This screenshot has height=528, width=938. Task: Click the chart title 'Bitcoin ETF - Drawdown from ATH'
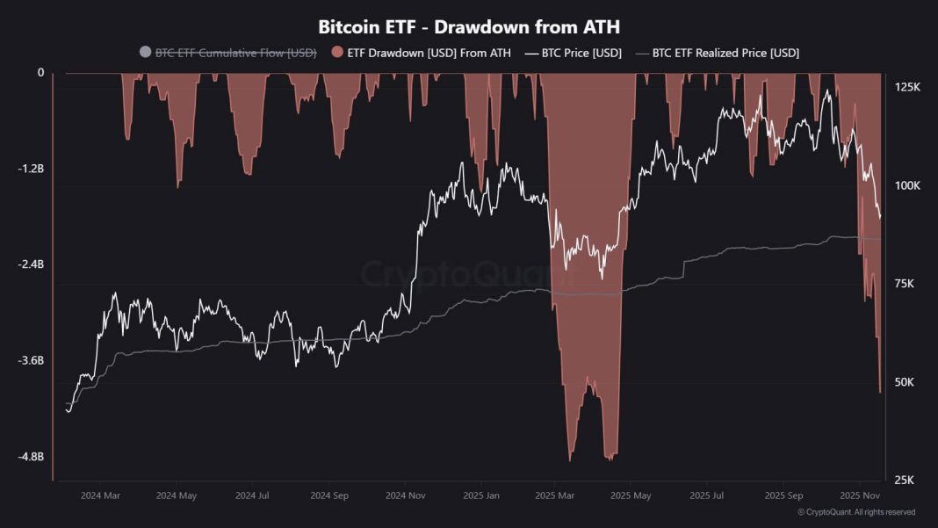coord(469,26)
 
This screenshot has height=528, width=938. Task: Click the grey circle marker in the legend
coord(146,53)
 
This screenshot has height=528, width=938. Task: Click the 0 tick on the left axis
coord(40,73)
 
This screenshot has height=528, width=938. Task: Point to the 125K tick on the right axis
coord(906,88)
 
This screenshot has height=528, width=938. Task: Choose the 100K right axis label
coord(906,186)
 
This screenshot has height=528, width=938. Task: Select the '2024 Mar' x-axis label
coord(100,495)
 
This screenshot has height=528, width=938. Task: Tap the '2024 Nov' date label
coord(405,495)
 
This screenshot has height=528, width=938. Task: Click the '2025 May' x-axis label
coord(631,495)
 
